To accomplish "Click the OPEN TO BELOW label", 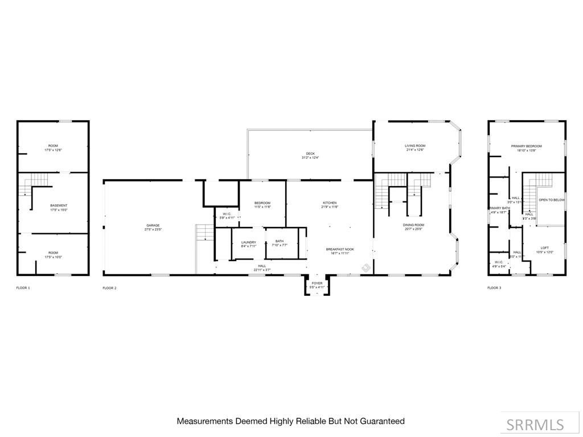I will coord(551,200).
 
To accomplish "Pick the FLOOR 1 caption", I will coord(23,288).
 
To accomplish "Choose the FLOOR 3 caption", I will coord(494,288).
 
